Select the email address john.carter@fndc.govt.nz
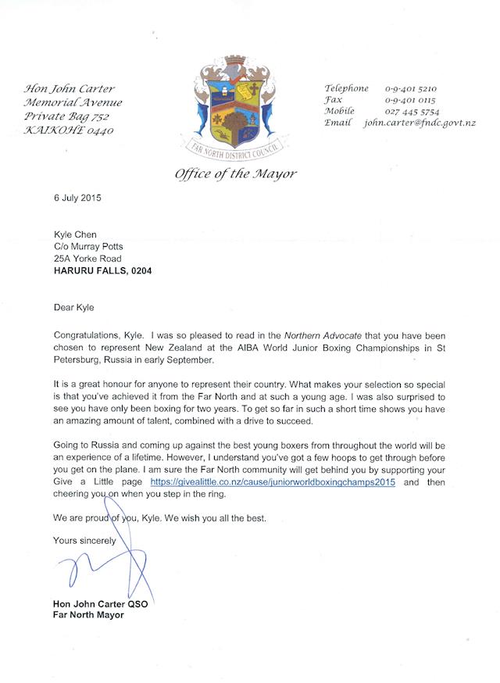(x=420, y=123)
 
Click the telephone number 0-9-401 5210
(x=411, y=89)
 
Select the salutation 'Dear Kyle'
(x=74, y=308)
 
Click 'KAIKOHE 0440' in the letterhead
(x=69, y=131)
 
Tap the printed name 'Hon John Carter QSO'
(x=98, y=603)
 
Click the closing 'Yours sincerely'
(x=84, y=540)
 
